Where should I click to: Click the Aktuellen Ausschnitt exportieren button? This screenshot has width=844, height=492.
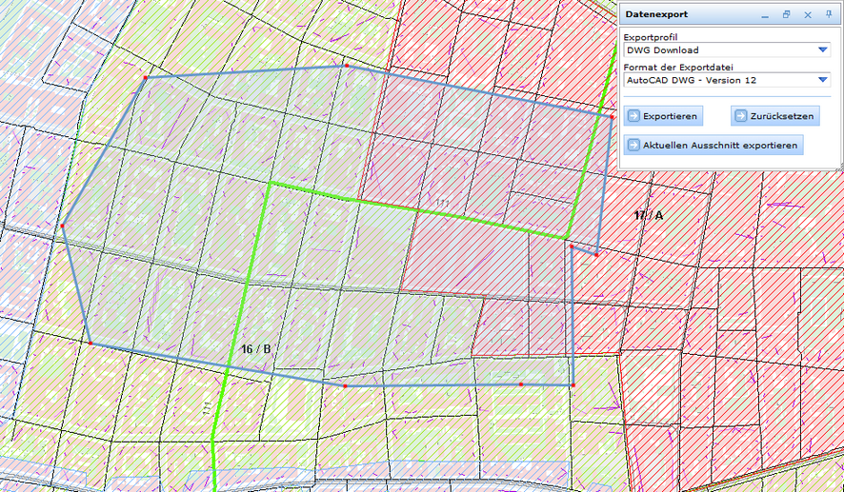(713, 145)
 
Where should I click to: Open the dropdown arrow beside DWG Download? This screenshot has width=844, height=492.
(823, 50)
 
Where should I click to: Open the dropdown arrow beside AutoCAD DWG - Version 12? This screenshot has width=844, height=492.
(823, 81)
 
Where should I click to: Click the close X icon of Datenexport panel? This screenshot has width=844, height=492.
(808, 15)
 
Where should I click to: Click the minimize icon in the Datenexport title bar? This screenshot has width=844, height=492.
(766, 15)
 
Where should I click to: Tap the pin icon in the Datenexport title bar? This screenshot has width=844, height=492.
(829, 15)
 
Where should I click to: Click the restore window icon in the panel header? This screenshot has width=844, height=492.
(787, 15)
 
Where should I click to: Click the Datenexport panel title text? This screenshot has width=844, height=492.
(656, 15)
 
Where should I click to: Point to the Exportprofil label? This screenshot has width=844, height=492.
(650, 37)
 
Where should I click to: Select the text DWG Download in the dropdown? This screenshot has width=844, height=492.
(662, 50)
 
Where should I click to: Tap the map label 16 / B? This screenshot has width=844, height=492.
(255, 349)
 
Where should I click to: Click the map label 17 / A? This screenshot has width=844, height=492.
(648, 216)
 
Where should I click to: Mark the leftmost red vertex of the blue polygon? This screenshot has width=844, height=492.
(63, 226)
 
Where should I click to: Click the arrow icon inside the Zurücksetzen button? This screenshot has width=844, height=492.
(740, 116)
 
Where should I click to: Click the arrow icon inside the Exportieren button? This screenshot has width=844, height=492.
(633, 116)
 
